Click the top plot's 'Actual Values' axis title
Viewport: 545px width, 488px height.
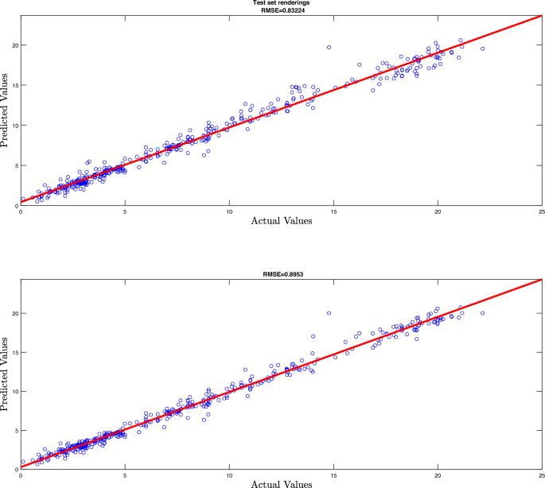tap(282, 220)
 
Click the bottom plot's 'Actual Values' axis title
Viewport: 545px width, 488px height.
tap(282, 482)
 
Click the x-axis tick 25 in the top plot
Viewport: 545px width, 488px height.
tap(541, 211)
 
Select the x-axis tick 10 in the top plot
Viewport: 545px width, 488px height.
tap(229, 211)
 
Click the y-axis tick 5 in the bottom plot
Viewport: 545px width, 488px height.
tap(16, 430)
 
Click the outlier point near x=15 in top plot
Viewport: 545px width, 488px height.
tap(329, 48)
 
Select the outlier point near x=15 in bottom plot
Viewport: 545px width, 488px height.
tap(329, 312)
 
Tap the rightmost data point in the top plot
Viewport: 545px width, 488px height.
tap(482, 48)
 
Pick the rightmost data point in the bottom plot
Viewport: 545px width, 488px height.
tap(482, 313)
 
